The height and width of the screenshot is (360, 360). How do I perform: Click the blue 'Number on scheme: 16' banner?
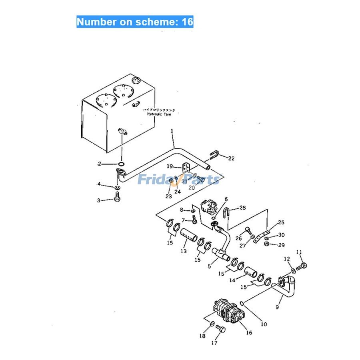click(x=135, y=22)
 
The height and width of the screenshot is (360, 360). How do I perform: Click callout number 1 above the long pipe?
click(x=172, y=131)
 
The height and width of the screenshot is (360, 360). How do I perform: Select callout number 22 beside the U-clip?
click(x=231, y=159)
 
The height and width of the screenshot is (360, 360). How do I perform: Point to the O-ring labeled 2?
click(x=121, y=164)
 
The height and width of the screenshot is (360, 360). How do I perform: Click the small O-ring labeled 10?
click(x=242, y=303)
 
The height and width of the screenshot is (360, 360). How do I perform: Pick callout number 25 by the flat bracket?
click(x=281, y=222)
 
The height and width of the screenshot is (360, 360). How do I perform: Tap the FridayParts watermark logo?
click(x=178, y=179)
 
